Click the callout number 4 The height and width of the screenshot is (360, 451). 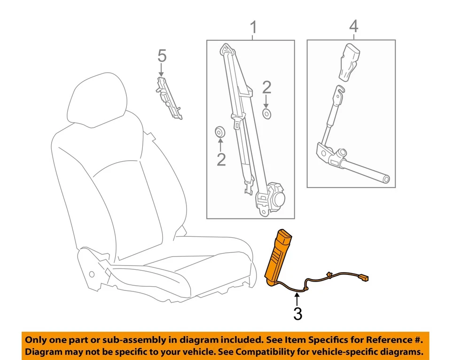pyautogui.click(x=353, y=27)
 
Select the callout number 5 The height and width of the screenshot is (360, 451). pyautogui.click(x=162, y=56)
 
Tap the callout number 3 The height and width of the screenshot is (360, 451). pyautogui.click(x=297, y=313)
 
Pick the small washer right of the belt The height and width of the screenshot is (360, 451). pyautogui.click(x=266, y=114)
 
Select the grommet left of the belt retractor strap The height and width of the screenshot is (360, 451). pyautogui.click(x=220, y=131)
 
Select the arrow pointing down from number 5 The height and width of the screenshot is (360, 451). pyautogui.click(x=161, y=70)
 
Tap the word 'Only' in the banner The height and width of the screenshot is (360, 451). pyautogui.click(x=36, y=340)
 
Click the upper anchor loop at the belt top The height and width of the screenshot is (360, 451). pyautogui.click(x=226, y=48)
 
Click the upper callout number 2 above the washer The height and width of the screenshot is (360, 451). pyautogui.click(x=267, y=87)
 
